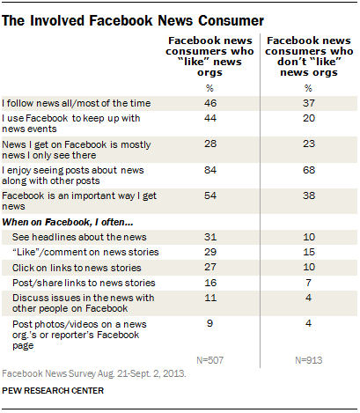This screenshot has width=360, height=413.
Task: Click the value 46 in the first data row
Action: coord(208,103)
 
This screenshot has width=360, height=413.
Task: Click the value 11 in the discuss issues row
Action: coord(208,299)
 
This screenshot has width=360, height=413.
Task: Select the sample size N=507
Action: coord(208,360)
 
